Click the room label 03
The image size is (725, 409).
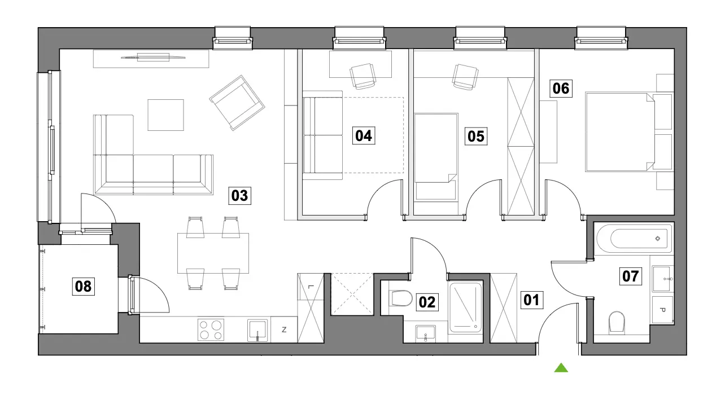click(x=239, y=196)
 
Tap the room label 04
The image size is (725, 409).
click(x=364, y=136)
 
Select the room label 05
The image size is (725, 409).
click(x=476, y=136)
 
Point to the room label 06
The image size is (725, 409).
click(x=561, y=89)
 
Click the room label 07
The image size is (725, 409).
click(x=631, y=276)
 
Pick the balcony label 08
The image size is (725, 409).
click(x=83, y=287)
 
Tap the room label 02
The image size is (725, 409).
click(x=427, y=302)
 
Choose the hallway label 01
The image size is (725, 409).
click(x=531, y=300)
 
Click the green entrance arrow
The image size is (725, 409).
click(x=561, y=368)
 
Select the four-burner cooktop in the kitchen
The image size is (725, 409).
click(x=211, y=330)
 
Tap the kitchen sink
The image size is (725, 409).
click(x=257, y=331)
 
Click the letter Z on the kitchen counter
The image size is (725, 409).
click(x=284, y=330)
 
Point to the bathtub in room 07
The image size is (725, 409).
click(x=634, y=239)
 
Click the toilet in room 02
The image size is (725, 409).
click(x=401, y=298)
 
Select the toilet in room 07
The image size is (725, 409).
click(x=617, y=322)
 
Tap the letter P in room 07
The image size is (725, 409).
click(x=662, y=310)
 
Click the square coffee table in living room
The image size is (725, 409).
click(x=165, y=115)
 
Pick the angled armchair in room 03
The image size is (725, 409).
click(x=237, y=103)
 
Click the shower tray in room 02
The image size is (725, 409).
click(x=465, y=307)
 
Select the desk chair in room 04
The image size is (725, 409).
click(x=363, y=76)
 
